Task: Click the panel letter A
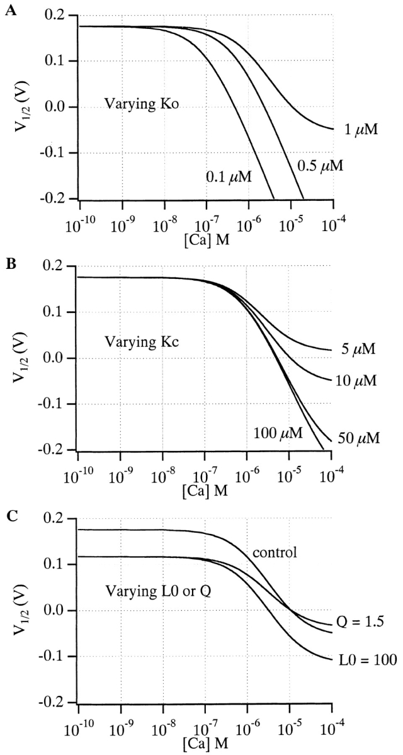tap(9, 9)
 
